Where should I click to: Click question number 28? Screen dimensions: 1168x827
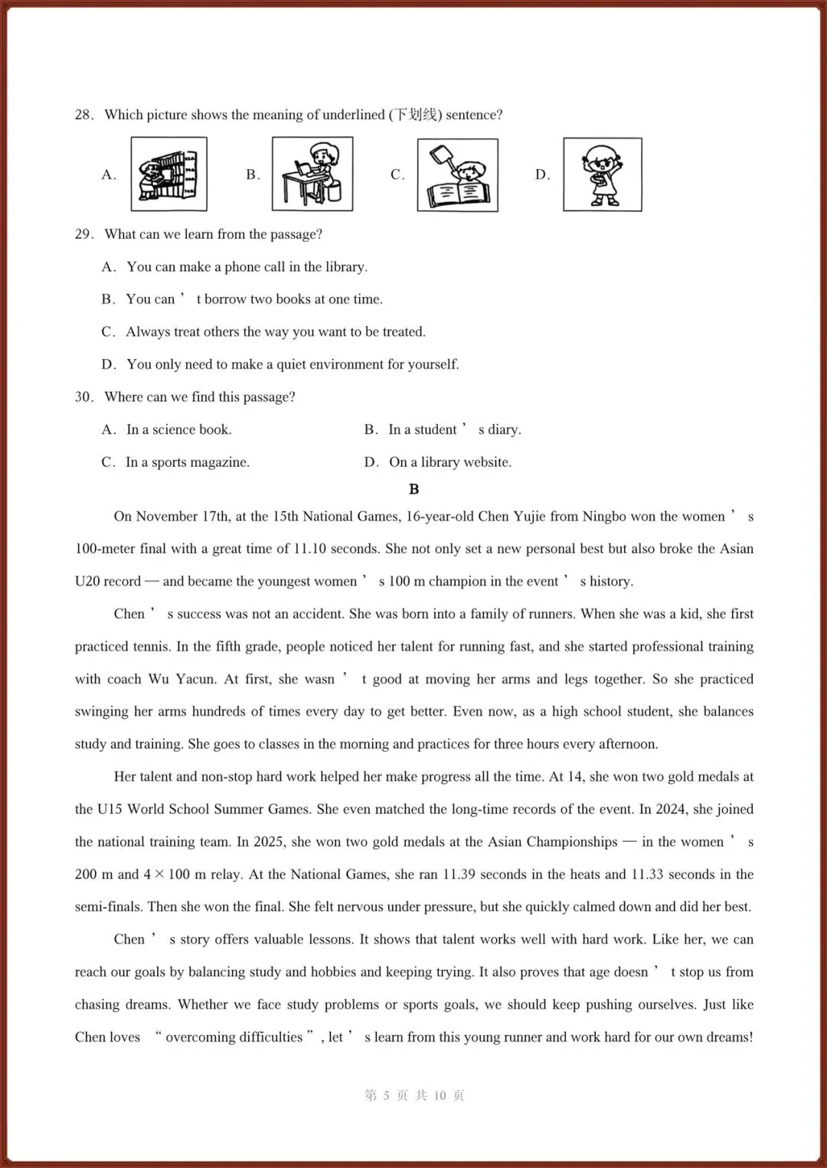(x=83, y=115)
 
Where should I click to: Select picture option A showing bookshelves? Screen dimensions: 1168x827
(x=168, y=174)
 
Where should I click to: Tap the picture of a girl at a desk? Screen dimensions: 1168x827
(x=312, y=174)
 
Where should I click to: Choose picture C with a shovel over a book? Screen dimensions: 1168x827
(x=457, y=175)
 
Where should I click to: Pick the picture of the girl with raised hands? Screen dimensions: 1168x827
(x=602, y=175)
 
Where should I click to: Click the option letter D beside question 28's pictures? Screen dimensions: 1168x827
(x=541, y=175)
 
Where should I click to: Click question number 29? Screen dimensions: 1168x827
(x=83, y=234)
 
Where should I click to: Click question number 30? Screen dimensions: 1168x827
(x=83, y=397)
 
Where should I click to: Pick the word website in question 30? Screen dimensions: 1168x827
(x=488, y=462)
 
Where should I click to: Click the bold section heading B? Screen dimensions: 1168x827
(x=414, y=489)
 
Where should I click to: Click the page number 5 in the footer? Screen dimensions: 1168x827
(x=386, y=1095)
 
